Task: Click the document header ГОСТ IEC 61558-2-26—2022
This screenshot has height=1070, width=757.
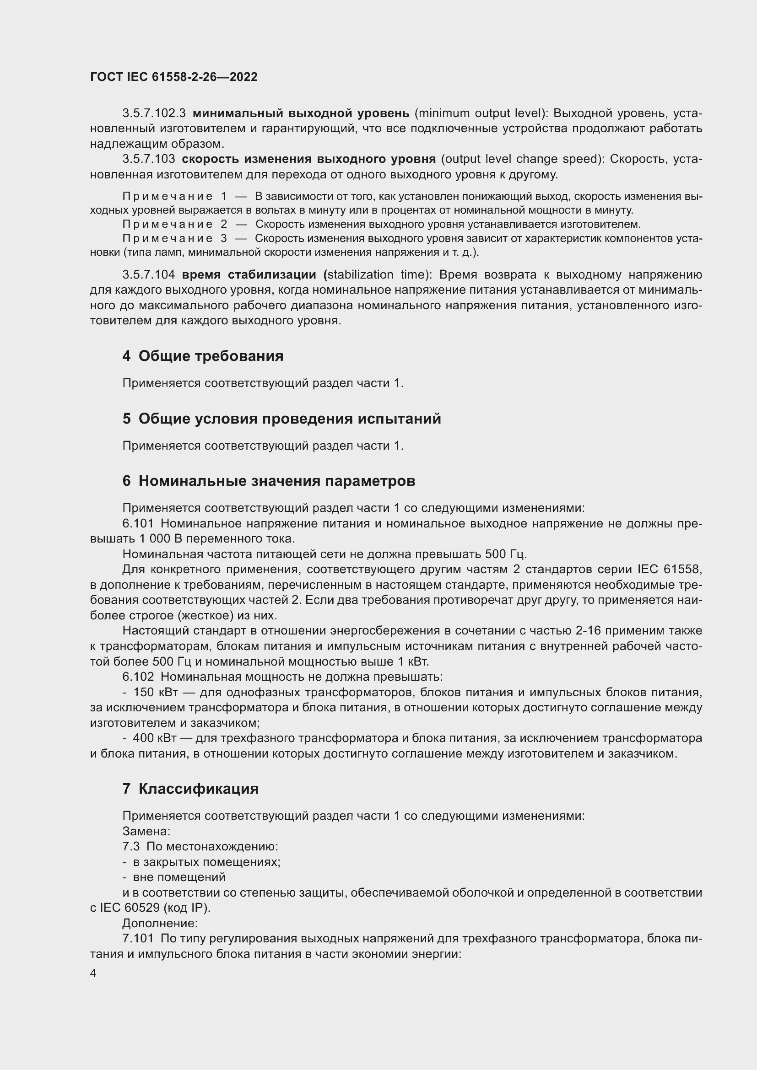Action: [173, 77]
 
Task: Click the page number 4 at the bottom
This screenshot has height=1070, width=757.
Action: [93, 973]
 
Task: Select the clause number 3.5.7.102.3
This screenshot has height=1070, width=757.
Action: [154, 113]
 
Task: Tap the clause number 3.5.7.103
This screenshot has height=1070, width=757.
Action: [149, 159]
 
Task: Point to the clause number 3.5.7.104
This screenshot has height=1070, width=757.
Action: [149, 275]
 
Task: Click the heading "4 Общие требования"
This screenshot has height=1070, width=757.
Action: [203, 356]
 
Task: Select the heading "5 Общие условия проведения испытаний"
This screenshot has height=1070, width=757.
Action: [281, 419]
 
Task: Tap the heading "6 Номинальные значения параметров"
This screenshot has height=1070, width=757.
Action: [269, 481]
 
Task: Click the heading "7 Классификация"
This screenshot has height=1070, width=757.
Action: [190, 789]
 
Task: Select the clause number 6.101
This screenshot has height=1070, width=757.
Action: [138, 524]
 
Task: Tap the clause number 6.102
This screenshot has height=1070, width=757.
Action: [138, 677]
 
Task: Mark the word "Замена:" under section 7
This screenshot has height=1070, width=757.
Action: [146, 831]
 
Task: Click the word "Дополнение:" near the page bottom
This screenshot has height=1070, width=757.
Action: [160, 923]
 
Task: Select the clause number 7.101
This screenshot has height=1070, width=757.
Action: [138, 939]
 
